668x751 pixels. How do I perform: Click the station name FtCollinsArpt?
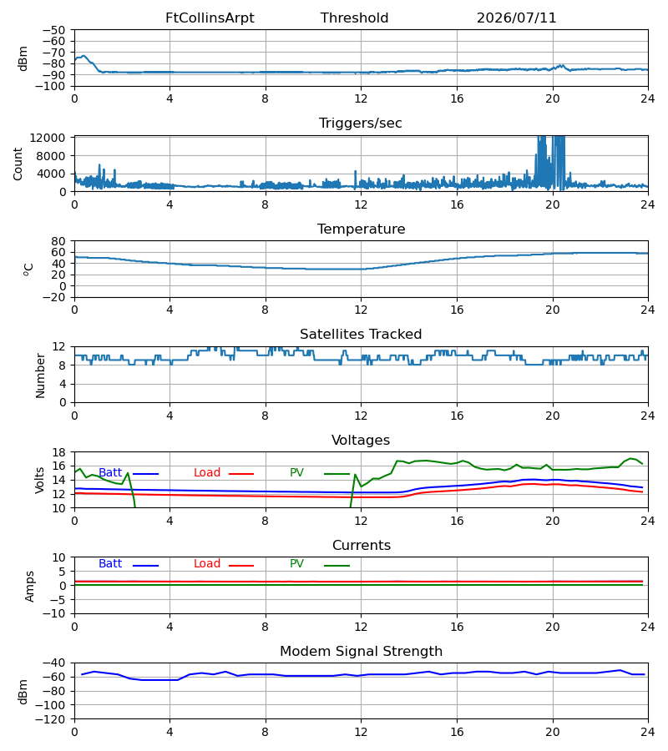[x=210, y=18]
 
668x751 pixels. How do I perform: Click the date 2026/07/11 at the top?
[x=516, y=18]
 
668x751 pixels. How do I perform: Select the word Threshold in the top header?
[x=354, y=18]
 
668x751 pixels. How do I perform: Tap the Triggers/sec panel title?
[x=361, y=123]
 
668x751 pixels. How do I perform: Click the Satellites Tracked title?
[x=361, y=335]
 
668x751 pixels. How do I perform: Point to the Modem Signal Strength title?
[x=361, y=652]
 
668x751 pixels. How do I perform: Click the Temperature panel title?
[x=361, y=229]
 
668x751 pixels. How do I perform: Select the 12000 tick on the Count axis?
[x=48, y=138]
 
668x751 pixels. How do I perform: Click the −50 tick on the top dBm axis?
[x=53, y=30]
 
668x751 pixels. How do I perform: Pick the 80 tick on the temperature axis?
[x=58, y=241]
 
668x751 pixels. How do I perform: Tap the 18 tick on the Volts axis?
[x=58, y=452]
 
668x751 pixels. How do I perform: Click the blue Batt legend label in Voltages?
[x=110, y=473]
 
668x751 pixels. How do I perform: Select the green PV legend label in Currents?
[x=296, y=564]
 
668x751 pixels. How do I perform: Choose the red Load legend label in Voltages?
[x=207, y=473]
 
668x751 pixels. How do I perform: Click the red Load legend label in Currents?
[x=207, y=564]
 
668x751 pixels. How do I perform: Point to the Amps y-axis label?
[x=30, y=586]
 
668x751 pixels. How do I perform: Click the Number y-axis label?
[x=40, y=375]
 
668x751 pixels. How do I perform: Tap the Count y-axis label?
[x=18, y=164]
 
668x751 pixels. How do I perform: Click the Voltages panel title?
[x=361, y=440]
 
